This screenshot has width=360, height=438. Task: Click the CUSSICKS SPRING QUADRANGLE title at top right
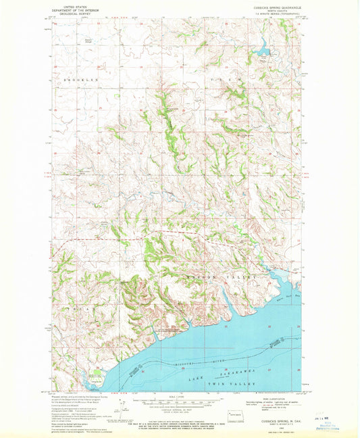click(270, 6)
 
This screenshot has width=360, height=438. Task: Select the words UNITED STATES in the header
click(73, 4)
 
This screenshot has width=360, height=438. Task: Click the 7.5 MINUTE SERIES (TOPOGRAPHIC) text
click(270, 13)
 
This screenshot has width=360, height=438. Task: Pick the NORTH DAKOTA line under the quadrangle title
click(270, 9)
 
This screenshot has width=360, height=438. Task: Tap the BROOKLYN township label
click(82, 80)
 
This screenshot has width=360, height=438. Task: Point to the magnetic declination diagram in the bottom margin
click(123, 404)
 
